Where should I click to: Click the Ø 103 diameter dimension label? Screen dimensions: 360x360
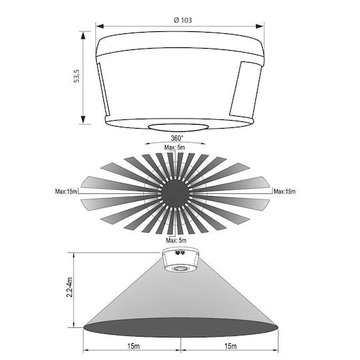[183, 20]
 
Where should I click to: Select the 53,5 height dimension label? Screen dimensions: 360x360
[77, 76]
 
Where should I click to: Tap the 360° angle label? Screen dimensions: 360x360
[177, 138]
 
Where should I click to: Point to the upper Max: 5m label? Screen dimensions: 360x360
[175, 147]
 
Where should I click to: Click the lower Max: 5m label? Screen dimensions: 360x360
[176, 241]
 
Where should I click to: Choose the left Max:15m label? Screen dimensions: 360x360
[66, 191]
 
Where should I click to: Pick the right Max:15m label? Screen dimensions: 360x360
[285, 191]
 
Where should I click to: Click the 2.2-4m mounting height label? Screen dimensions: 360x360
[69, 287]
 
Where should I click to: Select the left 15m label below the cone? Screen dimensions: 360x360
[133, 346]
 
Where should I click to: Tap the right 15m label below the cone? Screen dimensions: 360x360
[231, 346]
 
